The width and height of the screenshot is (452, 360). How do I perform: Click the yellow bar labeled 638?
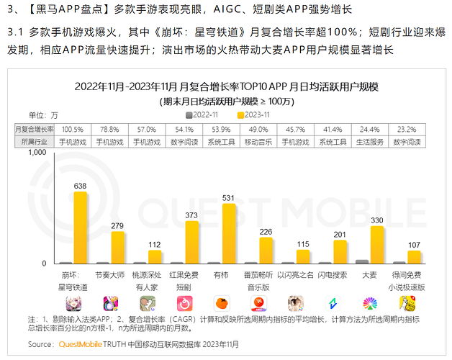[81, 228]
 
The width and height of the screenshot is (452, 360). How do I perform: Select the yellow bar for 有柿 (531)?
[229, 234]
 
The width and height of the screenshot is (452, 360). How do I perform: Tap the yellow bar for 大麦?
[377, 246]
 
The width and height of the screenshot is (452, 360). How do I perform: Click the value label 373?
[191, 215]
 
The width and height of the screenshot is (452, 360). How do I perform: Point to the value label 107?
[414, 244]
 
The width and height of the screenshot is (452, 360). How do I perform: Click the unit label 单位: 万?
[43, 114]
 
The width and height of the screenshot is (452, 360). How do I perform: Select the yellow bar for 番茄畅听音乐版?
[266, 251]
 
